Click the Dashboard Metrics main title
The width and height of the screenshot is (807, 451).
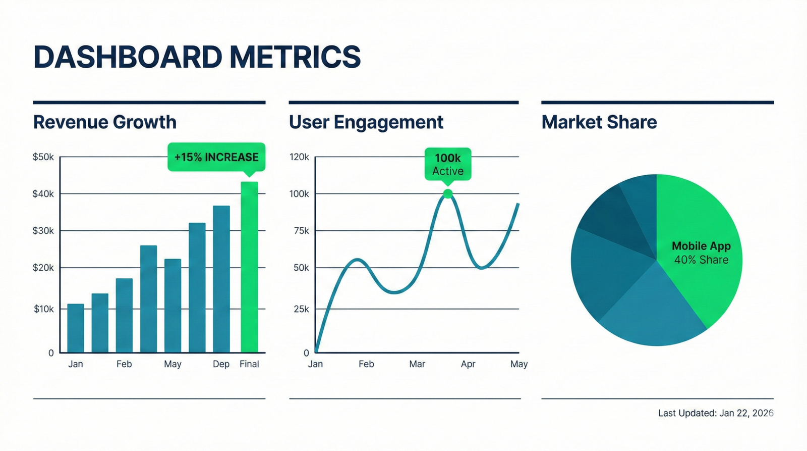197,57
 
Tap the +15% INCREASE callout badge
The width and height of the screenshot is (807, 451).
216,157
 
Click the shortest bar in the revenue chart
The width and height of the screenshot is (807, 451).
76,328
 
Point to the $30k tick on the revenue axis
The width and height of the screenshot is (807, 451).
43,231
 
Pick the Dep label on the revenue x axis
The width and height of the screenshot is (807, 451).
221,364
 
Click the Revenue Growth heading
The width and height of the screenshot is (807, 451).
105,122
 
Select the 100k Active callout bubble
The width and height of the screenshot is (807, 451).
448,164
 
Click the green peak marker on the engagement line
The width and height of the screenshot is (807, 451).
448,193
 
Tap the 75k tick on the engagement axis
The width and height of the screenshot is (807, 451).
301,231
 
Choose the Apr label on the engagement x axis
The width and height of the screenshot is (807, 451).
468,364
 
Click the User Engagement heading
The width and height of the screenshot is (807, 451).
366,122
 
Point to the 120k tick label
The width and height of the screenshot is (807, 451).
299,157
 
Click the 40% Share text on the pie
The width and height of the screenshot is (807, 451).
701,260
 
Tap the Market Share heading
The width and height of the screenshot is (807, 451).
599,122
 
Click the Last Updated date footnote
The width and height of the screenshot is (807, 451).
716,413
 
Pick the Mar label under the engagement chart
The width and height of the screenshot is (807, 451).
417,364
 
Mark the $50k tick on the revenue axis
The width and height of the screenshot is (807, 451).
43,157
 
